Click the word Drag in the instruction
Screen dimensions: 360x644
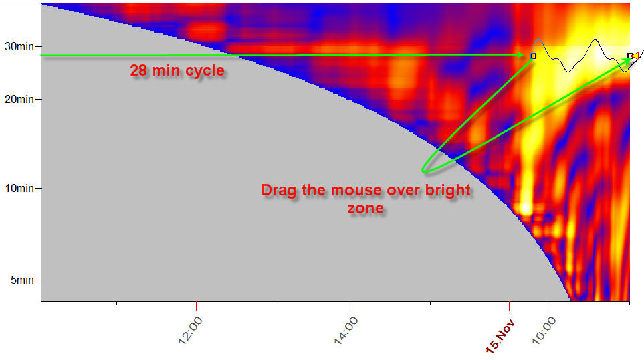coord(278,190)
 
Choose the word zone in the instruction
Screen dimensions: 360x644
coord(365,208)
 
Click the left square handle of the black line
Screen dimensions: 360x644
coord(533,56)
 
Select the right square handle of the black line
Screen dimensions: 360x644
coord(630,56)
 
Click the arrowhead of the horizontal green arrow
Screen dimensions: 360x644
coord(522,55)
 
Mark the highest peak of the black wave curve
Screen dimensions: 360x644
coord(595,40)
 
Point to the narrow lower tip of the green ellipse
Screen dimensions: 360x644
coord(424,170)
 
